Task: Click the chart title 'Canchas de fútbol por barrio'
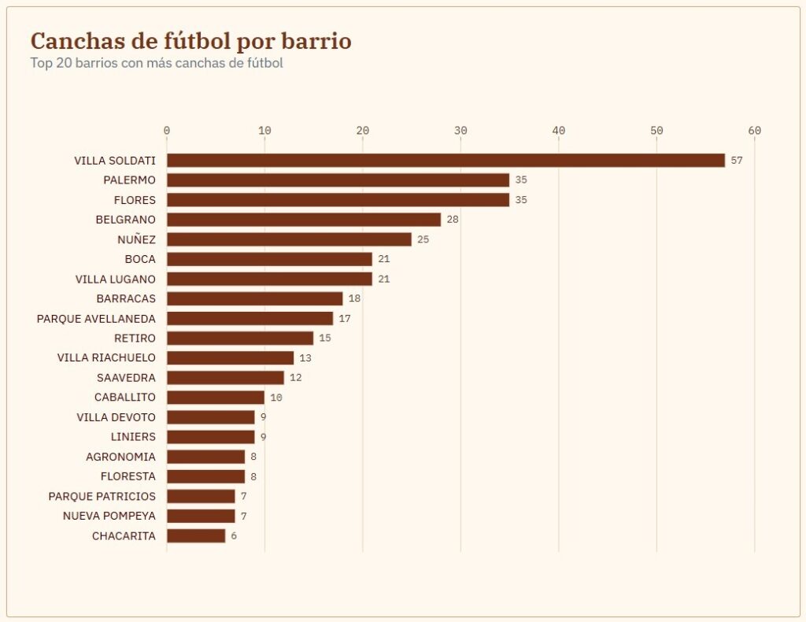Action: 190,41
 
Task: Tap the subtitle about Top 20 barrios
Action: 157,63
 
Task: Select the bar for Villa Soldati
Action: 446,161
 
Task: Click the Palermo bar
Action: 338,180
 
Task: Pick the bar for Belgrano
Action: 304,220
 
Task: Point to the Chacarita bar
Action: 196,535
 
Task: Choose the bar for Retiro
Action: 240,339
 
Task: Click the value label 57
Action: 737,161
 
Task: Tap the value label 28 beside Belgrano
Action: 453,220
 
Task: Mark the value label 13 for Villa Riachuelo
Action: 305,357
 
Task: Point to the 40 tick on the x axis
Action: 559,131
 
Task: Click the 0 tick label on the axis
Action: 167,131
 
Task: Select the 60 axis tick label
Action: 755,131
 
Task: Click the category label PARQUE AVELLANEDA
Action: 96,319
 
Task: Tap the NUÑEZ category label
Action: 136,239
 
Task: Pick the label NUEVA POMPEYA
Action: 109,516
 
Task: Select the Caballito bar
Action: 216,398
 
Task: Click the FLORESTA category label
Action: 128,476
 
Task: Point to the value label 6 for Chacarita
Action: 234,535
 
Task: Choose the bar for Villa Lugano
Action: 269,280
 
